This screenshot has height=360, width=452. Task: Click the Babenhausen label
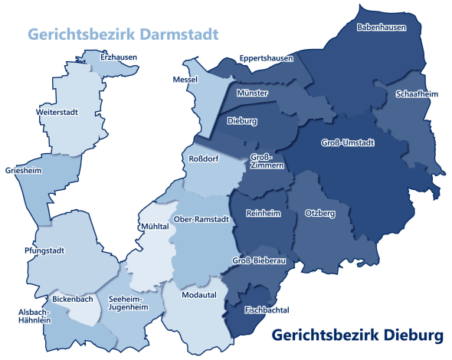(382, 27)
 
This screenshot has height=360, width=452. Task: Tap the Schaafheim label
(417, 93)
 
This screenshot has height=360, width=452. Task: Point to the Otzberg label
(319, 212)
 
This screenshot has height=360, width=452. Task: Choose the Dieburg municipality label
(242, 121)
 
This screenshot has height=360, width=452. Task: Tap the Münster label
(253, 93)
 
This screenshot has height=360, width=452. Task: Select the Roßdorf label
(204, 159)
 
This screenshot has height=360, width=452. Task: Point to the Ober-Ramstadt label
(202, 219)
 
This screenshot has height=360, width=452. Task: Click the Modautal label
(199, 294)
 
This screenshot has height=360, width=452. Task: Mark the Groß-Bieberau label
(258, 261)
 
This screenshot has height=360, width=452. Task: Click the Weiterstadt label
(56, 112)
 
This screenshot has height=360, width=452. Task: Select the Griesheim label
(22, 171)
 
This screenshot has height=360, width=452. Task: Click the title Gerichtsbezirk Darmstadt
(123, 34)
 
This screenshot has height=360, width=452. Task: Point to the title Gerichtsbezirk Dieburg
(358, 335)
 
